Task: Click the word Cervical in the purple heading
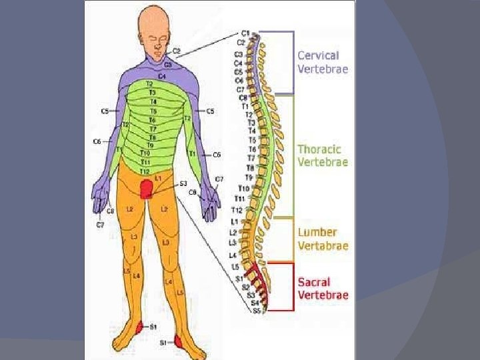point(317,55)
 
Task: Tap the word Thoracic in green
point(319,149)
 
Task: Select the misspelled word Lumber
point(317,233)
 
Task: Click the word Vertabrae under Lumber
point(323,245)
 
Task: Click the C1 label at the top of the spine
point(245,33)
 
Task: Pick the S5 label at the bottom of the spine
point(256,311)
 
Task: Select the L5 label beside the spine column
point(235,267)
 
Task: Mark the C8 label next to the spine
point(243,97)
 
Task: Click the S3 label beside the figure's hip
point(183,183)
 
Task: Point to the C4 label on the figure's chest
point(162,76)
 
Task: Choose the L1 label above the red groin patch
point(157,179)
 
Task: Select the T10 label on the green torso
point(145,153)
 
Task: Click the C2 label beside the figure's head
point(176,51)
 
